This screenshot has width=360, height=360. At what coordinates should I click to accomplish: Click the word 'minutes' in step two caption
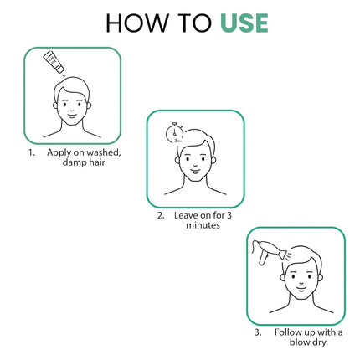click(x=194, y=226)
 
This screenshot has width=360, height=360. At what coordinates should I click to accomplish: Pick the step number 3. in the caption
click(x=258, y=332)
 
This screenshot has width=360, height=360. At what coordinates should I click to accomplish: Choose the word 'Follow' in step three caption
click(x=289, y=332)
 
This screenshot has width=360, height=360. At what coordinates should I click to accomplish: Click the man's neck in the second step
click(x=194, y=184)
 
